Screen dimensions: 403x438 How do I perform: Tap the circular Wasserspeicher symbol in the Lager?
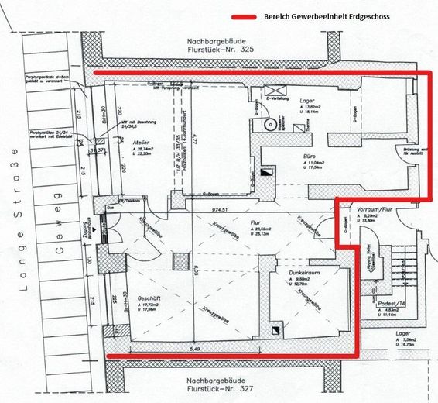point(270,124)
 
